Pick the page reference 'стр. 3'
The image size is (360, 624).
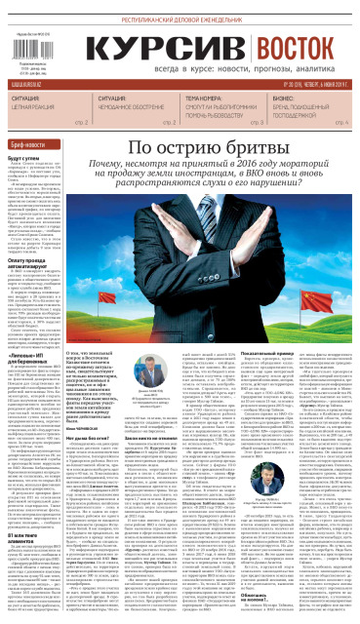(x=258, y=124)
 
